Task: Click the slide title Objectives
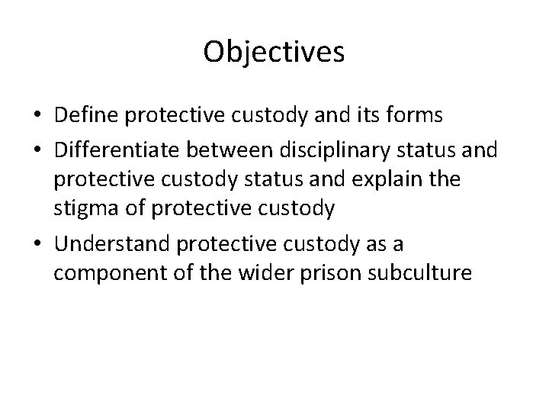(x=274, y=53)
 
